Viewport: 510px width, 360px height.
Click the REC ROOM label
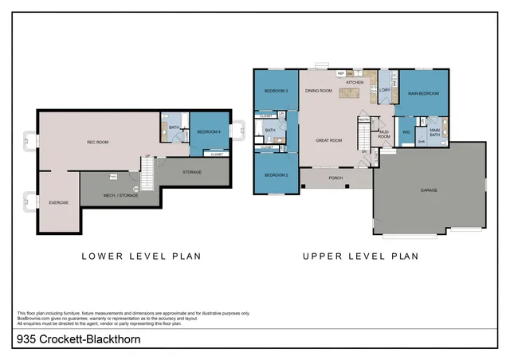[97, 143]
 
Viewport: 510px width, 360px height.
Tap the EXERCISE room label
[58, 202]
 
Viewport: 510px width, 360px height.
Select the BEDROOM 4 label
[208, 131]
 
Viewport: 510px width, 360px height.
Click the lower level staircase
[146, 168]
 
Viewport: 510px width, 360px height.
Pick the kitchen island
[349, 93]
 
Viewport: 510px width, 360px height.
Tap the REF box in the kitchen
[340, 73]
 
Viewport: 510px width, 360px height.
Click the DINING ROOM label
[319, 91]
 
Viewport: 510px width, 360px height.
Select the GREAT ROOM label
[328, 141]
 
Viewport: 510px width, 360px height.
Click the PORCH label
[335, 178]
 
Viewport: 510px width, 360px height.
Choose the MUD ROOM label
[384, 134]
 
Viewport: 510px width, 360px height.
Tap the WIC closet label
[406, 131]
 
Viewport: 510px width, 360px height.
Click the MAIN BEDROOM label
[423, 94]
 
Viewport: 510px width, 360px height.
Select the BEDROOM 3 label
[276, 91]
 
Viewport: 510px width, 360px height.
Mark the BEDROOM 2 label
[276, 174]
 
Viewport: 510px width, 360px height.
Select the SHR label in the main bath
[422, 142]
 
